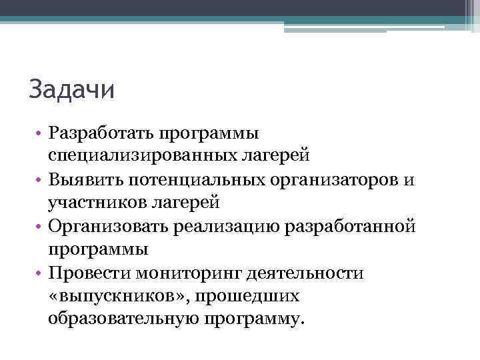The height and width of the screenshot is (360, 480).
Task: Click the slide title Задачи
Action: [72, 89]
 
